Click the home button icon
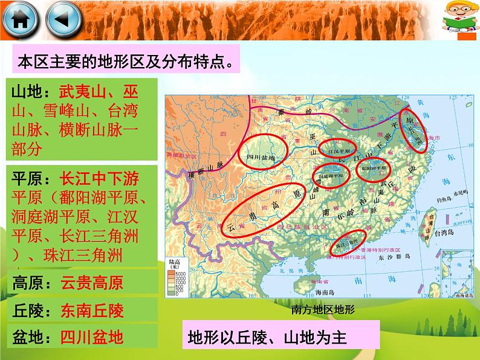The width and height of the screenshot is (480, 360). pos(20,21)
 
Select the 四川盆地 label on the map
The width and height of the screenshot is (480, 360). pos(262,158)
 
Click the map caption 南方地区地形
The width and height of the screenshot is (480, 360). pos(322,310)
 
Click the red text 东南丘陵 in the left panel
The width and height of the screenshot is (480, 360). pos(92,310)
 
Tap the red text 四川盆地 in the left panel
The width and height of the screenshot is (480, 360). pos(92,337)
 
